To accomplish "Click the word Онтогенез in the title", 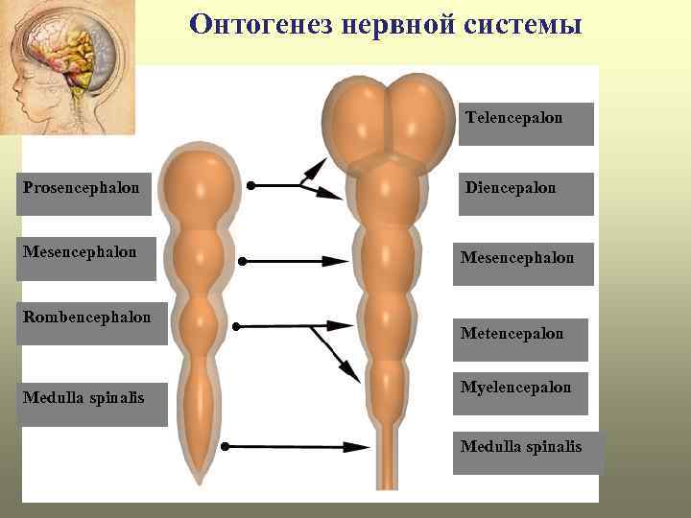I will [253, 24].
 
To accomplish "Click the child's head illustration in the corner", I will [67, 67].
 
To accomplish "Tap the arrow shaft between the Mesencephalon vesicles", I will [288, 261].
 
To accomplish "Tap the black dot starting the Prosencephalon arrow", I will [250, 185].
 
